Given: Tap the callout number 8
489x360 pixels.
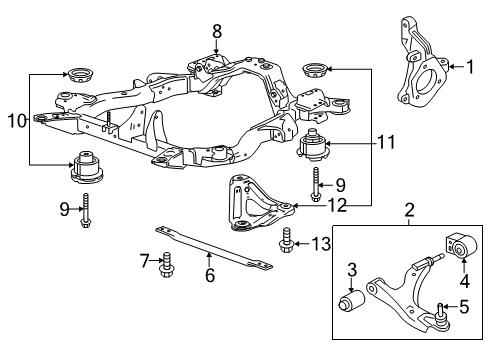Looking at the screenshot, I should pyautogui.click(x=217, y=30).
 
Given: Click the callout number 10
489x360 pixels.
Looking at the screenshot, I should pyautogui.click(x=14, y=121).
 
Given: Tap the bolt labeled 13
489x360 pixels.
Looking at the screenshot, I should pyautogui.click(x=289, y=240).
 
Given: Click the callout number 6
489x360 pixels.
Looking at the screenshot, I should pyautogui.click(x=210, y=275).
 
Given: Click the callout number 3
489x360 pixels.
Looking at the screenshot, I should pyautogui.click(x=351, y=269).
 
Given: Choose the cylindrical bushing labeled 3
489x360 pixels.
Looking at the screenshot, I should pyautogui.click(x=352, y=302).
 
